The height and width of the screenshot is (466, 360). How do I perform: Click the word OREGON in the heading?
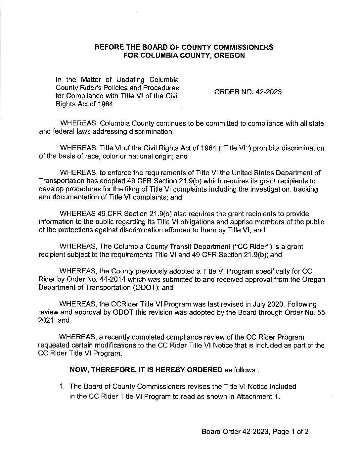tap(228, 56)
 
